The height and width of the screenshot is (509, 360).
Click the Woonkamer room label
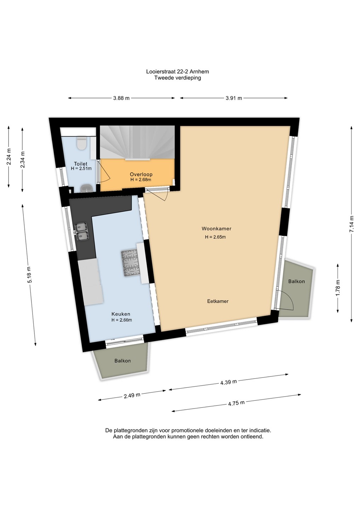[216, 229]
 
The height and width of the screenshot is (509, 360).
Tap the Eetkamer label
[218, 301]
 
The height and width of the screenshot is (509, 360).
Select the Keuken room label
[121, 314]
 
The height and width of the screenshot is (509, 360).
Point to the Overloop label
[141, 174]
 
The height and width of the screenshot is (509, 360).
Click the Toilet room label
[81, 164]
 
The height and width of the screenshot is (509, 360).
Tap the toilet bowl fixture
[81, 144]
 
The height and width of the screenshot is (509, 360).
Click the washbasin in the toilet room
[87, 188]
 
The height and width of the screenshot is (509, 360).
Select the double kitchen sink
[82, 232]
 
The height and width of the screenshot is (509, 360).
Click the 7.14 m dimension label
[352, 224]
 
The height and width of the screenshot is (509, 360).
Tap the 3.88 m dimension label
[121, 98]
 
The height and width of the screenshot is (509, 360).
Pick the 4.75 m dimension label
[236, 403]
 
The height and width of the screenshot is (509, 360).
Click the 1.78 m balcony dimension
[338, 287]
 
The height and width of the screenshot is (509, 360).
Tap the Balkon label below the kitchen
[122, 361]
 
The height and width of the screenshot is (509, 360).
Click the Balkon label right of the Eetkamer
[296, 281]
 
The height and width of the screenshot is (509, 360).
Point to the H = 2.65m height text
[215, 237]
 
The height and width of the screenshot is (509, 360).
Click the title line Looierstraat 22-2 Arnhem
[178, 71]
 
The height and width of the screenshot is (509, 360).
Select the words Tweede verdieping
[178, 78]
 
